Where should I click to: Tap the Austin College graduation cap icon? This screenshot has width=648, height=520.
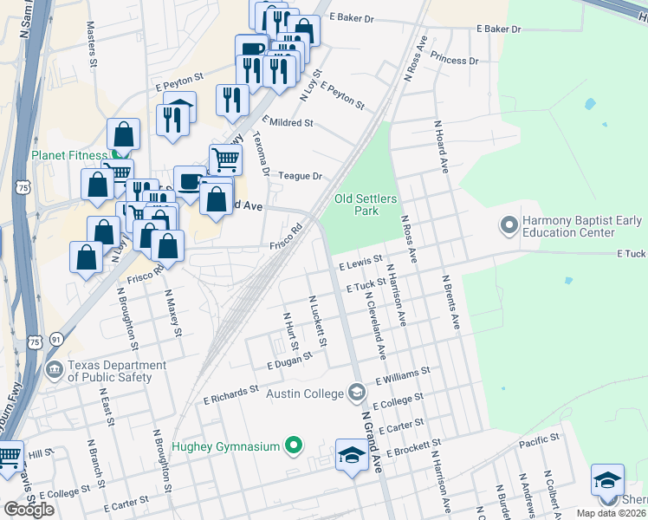point(356,393)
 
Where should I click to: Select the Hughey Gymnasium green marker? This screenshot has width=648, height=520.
point(294,447)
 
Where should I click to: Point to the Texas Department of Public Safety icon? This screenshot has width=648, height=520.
point(55,371)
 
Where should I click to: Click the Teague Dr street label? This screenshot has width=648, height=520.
point(300,176)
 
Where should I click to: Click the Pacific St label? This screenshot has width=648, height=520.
point(539,442)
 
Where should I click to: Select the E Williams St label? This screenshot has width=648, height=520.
point(402,375)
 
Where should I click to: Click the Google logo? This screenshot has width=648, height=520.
point(29,509)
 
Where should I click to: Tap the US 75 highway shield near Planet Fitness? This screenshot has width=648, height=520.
point(23,187)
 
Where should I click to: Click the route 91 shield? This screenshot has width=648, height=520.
point(55,341)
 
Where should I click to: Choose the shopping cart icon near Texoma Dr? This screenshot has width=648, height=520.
point(225,159)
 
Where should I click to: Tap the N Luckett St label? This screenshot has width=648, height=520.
point(318,321)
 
